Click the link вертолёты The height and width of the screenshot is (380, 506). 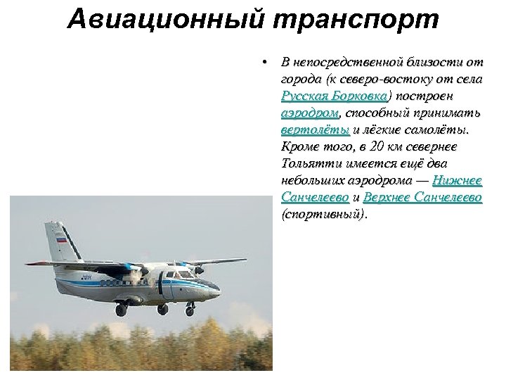[315, 130]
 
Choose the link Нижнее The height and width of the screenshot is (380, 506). [457, 182]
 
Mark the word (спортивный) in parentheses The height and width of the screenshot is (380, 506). [323, 215]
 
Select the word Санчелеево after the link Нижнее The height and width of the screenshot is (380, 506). [314, 198]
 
